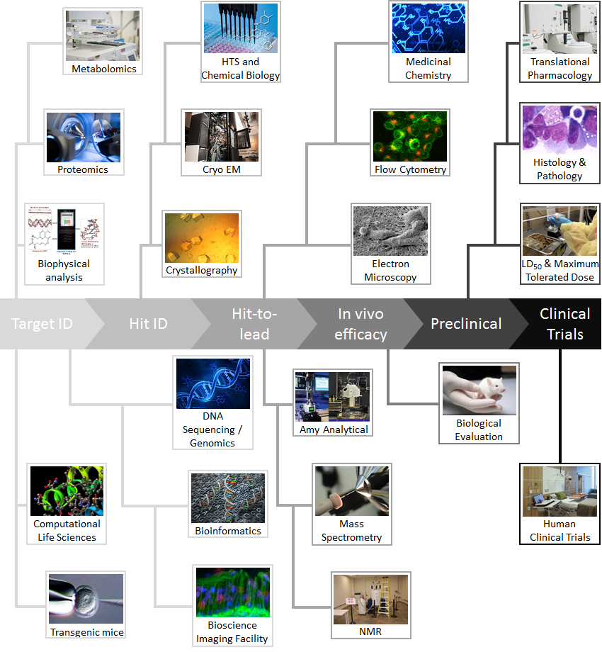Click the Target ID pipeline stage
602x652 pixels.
coord(42,324)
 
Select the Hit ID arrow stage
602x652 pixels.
coord(148,324)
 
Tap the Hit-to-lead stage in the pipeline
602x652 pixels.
coord(254,324)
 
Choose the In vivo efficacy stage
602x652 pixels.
coord(360,324)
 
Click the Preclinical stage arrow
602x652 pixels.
coord(466,324)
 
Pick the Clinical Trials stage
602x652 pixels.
coord(564,324)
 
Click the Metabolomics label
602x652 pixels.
coord(103,69)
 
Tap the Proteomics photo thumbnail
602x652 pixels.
coord(84,137)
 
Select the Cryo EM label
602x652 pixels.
coord(220,169)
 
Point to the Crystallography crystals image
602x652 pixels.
coord(202,238)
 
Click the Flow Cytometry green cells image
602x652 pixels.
coord(410,137)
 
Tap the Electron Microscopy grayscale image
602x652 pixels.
coord(390,231)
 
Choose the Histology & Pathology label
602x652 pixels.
coord(560,169)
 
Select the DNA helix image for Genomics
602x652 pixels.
coord(213,383)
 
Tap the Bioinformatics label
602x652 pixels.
coord(228,530)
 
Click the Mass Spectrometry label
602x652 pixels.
coord(351,530)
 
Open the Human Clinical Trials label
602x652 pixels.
coord(560,530)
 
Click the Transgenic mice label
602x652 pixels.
coord(86,632)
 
